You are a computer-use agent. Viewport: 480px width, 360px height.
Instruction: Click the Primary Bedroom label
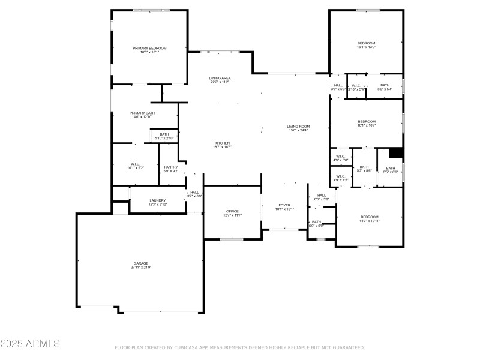(149, 48)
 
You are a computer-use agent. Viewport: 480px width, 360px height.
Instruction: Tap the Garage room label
(141, 263)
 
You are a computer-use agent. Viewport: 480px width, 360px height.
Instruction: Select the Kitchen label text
(222, 143)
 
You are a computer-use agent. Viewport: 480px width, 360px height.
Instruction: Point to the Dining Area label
(220, 78)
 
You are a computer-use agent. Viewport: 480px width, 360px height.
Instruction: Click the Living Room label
(298, 126)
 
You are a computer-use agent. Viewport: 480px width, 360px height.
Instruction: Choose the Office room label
(232, 211)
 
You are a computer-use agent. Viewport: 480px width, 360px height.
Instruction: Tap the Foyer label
(284, 205)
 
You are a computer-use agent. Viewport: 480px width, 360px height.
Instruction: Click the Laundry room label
(158, 200)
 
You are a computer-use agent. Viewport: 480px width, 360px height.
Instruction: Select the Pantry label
(171, 167)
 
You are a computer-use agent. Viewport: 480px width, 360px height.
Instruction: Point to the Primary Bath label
(142, 113)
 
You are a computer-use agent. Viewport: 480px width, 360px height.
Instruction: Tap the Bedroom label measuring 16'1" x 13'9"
(366, 43)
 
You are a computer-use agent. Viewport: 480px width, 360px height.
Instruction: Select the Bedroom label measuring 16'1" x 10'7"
(366, 121)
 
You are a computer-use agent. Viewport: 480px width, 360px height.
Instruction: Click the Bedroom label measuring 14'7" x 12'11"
(370, 217)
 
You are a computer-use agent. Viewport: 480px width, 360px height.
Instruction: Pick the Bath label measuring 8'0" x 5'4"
(385, 86)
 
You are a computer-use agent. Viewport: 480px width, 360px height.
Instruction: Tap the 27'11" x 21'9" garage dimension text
(141, 267)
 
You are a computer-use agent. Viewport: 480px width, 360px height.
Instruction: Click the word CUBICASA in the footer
(187, 347)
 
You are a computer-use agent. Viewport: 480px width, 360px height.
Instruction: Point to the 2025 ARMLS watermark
(30, 344)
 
